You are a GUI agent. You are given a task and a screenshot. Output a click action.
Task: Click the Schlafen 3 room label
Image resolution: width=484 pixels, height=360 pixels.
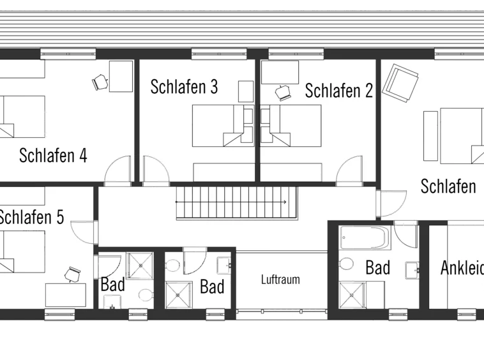(x=185, y=87)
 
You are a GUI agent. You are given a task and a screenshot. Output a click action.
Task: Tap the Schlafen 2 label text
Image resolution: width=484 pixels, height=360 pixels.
(x=339, y=91)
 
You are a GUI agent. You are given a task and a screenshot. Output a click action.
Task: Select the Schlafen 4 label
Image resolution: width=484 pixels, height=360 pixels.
(x=53, y=155)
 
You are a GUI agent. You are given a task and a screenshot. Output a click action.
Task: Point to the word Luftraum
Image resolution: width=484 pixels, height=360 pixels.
(x=280, y=280)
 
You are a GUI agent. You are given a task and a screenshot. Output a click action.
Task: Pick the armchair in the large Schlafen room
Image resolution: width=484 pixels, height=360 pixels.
(x=400, y=83)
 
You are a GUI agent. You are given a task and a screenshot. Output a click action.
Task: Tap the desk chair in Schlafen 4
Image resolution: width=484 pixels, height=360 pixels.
(x=100, y=82)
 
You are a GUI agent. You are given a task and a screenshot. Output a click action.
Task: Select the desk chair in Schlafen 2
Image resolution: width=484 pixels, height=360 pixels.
(x=283, y=93)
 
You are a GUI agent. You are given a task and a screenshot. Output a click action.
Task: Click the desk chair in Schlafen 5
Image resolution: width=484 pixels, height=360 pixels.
(x=73, y=274)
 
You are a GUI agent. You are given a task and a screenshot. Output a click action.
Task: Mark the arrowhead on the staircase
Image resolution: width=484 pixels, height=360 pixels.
(x=284, y=202)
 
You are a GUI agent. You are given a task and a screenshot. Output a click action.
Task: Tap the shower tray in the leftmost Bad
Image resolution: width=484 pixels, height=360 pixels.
(x=140, y=266)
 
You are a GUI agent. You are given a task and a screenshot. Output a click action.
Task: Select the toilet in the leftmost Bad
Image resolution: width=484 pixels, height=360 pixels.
(x=146, y=295)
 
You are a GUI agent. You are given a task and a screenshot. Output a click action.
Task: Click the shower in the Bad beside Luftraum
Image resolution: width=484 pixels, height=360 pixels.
(x=179, y=295)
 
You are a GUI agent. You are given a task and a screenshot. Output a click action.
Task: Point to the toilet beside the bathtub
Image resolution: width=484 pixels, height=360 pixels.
(x=346, y=264)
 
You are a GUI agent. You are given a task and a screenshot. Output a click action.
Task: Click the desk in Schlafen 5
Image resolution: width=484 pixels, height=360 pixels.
(x=66, y=295)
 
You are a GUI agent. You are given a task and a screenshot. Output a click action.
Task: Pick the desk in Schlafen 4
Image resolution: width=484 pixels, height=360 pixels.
(x=121, y=76)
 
